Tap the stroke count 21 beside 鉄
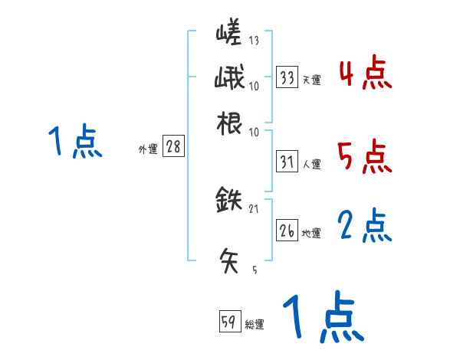click(254, 208)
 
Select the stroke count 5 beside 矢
click(254, 270)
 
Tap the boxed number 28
click(173, 147)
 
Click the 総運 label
click(255, 324)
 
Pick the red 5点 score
click(364, 156)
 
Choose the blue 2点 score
click(364, 226)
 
